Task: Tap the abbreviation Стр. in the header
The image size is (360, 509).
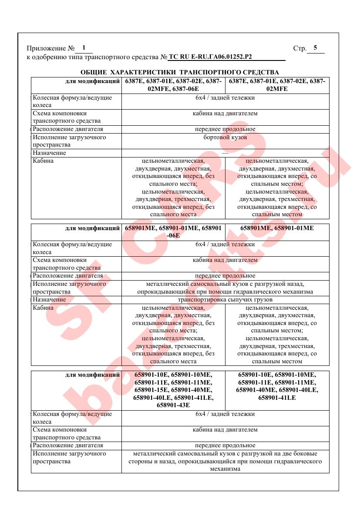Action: (299, 48)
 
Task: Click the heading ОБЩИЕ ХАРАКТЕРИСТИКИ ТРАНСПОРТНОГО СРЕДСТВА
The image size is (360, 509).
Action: (180, 72)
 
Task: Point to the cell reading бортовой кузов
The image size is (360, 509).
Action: (225, 137)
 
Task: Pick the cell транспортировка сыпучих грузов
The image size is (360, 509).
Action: (225, 300)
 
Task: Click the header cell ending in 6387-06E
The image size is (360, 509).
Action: (173, 85)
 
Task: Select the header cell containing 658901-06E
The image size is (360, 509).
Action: (173, 232)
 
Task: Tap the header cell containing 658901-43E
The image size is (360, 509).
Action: (173, 390)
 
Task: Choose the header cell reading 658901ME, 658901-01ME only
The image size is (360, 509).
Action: (277, 228)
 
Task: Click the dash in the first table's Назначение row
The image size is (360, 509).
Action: (225, 153)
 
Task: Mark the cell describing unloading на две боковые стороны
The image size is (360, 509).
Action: (225, 462)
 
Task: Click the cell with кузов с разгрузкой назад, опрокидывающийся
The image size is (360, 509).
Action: (225, 288)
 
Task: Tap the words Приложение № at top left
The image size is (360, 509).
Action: (47, 48)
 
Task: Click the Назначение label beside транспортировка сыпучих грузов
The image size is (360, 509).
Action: (50, 300)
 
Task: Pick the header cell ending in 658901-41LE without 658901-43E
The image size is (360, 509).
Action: (277, 386)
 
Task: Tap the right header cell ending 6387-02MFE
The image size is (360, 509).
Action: (277, 85)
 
